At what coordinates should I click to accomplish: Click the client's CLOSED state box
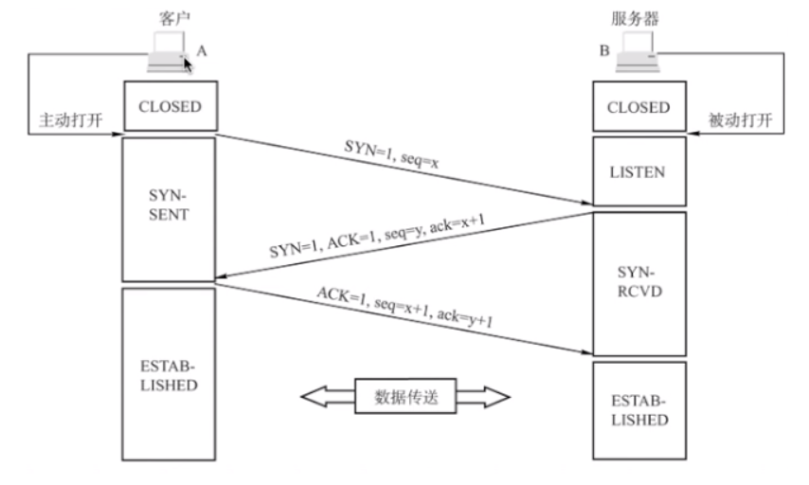(170, 107)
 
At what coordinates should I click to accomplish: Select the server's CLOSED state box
(638, 107)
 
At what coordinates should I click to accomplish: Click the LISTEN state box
(638, 172)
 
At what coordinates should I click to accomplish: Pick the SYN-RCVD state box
(638, 283)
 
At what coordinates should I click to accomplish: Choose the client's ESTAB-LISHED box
(170, 374)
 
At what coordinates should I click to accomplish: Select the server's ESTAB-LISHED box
(638, 409)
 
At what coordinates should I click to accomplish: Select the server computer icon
(637, 55)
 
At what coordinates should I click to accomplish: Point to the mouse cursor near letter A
(188, 63)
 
